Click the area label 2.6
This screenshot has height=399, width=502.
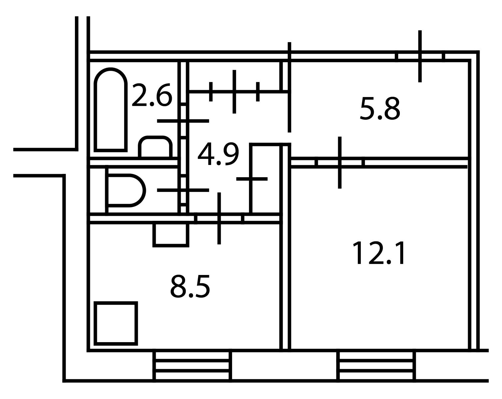pyautogui.click(x=152, y=95)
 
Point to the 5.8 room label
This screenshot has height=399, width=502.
pyautogui.click(x=380, y=109)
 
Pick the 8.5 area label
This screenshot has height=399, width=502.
pyautogui.click(x=190, y=286)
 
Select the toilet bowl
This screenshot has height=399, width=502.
pyautogui.click(x=125, y=191)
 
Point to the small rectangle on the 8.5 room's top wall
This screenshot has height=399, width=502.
pyautogui.click(x=171, y=235)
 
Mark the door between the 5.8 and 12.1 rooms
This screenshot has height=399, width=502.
pyautogui.click(x=340, y=163)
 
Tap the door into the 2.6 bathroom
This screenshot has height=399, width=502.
pyautogui.click(x=183, y=121)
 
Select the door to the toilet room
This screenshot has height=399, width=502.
pyautogui.click(x=183, y=190)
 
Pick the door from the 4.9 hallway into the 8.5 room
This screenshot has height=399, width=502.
pyautogui.click(x=219, y=218)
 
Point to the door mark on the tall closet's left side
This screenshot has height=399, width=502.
pyautogui.click(x=252, y=179)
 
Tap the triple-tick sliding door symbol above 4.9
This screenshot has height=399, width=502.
pyautogui.click(x=234, y=91)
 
